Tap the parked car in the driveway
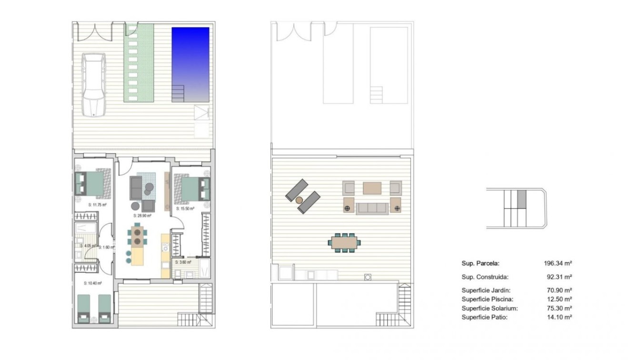pos(94,84)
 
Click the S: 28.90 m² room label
pos(141,215)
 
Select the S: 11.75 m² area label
pos(97,205)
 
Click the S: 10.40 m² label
pos(91,283)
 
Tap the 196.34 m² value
pos(558,263)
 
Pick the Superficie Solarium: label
pos(489,308)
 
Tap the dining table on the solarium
pos(344,242)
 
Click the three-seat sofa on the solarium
pos(372,208)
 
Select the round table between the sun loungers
pos(300,200)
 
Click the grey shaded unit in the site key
pos(522,199)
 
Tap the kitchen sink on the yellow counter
pos(165,247)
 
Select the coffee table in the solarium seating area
pos(372,188)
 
